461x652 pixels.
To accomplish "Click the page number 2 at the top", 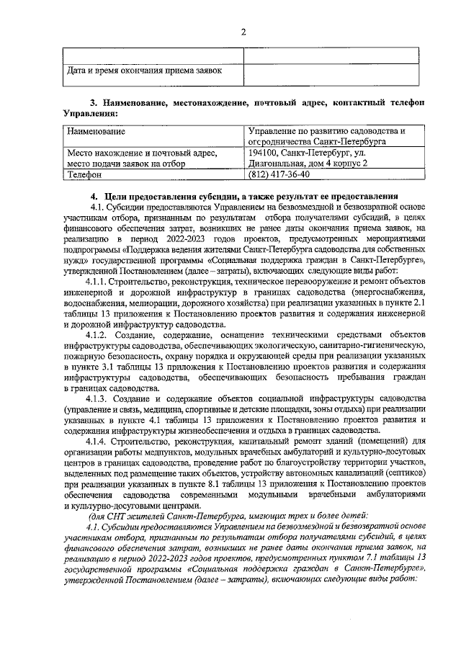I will pyautogui.click(x=243, y=32).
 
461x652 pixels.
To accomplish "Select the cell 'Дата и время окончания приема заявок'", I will pyautogui.click(x=144, y=71).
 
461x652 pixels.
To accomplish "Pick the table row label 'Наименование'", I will pyautogui.click(x=96, y=132).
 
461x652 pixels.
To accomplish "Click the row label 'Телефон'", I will pyautogui.click(x=85, y=174).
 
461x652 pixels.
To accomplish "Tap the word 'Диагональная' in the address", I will pyautogui.click(x=277, y=164).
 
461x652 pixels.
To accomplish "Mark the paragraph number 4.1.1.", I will pyautogui.click(x=99, y=281).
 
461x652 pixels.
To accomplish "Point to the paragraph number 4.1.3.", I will pyautogui.click(x=99, y=399).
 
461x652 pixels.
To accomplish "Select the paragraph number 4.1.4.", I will pyautogui.click(x=99, y=442).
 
